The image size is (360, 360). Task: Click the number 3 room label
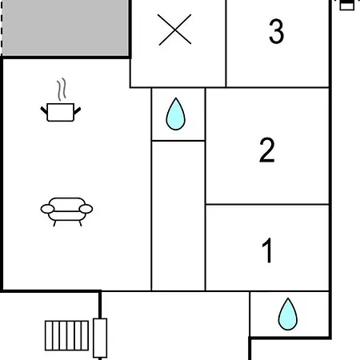click(x=276, y=31)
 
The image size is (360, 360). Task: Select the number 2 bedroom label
click(x=267, y=150)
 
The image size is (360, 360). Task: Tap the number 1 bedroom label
click(x=267, y=250)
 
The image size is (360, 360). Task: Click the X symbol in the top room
click(x=174, y=30)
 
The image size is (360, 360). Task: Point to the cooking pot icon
click(x=61, y=112)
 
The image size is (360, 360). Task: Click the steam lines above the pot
click(x=62, y=90)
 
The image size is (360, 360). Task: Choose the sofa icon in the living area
click(x=66, y=212)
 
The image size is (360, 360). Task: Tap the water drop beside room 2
click(x=175, y=114)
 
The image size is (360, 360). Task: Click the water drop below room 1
click(x=288, y=314)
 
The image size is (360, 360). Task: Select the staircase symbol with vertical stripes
click(x=66, y=335)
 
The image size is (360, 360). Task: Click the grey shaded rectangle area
click(x=66, y=28)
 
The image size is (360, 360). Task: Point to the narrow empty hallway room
click(x=178, y=216)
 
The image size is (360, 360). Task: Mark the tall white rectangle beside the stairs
click(x=100, y=338)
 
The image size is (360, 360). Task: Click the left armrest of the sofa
click(x=47, y=209)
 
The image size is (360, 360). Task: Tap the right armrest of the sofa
click(x=86, y=209)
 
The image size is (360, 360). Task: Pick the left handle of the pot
click(x=44, y=110)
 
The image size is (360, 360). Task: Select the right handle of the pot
click(x=77, y=110)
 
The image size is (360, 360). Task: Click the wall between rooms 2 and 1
click(x=267, y=205)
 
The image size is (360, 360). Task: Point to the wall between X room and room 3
click(x=226, y=43)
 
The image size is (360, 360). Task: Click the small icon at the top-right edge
click(x=347, y=5)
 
